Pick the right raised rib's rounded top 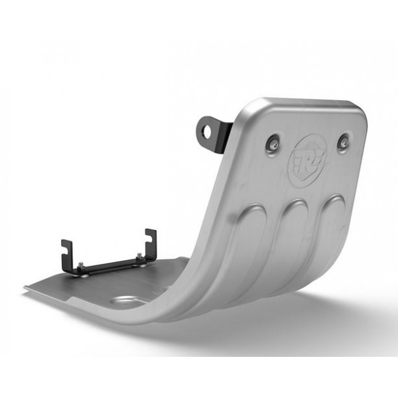332,200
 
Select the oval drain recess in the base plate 127,302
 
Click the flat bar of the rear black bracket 109,266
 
